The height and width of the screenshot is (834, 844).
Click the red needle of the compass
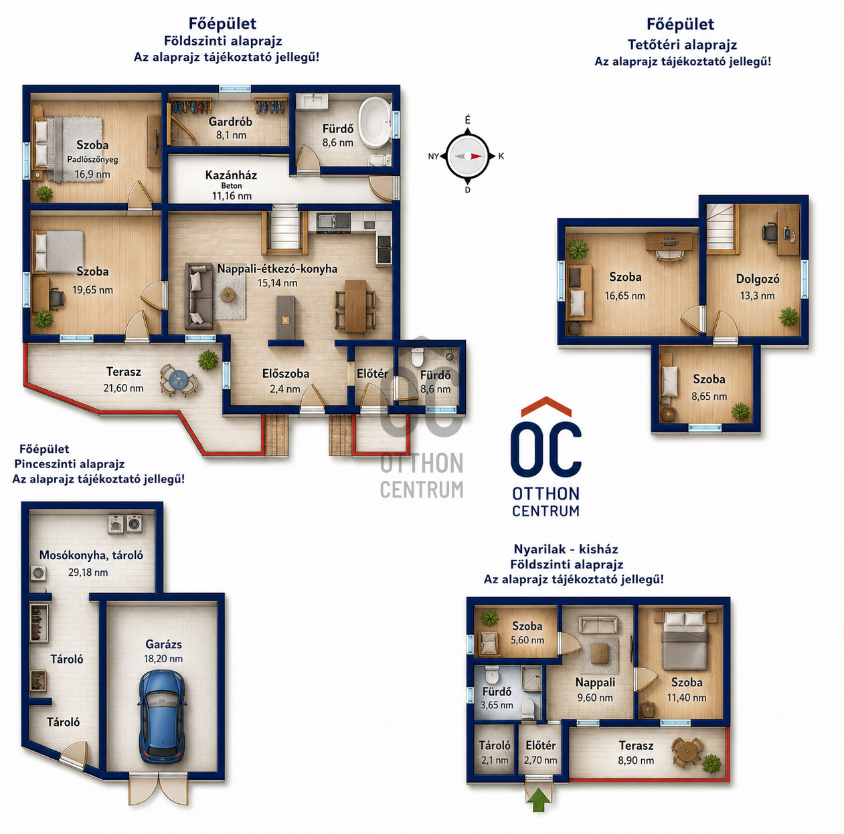pyautogui.click(x=475, y=156)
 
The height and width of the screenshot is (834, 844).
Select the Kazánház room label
pyautogui.click(x=231, y=175)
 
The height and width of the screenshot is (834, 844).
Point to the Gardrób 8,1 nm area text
pyautogui.click(x=231, y=135)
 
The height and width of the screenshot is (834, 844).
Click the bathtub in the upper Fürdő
pyautogui.click(x=375, y=122)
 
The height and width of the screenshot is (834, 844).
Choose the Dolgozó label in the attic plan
pyautogui.click(x=757, y=279)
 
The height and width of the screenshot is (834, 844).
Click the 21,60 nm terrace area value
pyautogui.click(x=123, y=388)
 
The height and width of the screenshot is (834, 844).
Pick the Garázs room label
pyautogui.click(x=163, y=644)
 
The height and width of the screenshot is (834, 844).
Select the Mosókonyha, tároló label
pyautogui.click(x=91, y=556)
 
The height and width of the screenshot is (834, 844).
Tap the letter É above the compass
pyautogui.click(x=468, y=120)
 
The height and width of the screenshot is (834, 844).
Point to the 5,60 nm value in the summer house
pyautogui.click(x=527, y=640)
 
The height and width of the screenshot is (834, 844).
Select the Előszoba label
pyautogui.click(x=286, y=373)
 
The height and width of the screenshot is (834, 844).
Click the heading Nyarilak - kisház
pyautogui.click(x=566, y=549)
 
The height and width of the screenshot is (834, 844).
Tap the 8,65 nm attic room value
pyautogui.click(x=709, y=397)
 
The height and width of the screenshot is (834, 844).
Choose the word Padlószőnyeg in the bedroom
pyautogui.click(x=92, y=160)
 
